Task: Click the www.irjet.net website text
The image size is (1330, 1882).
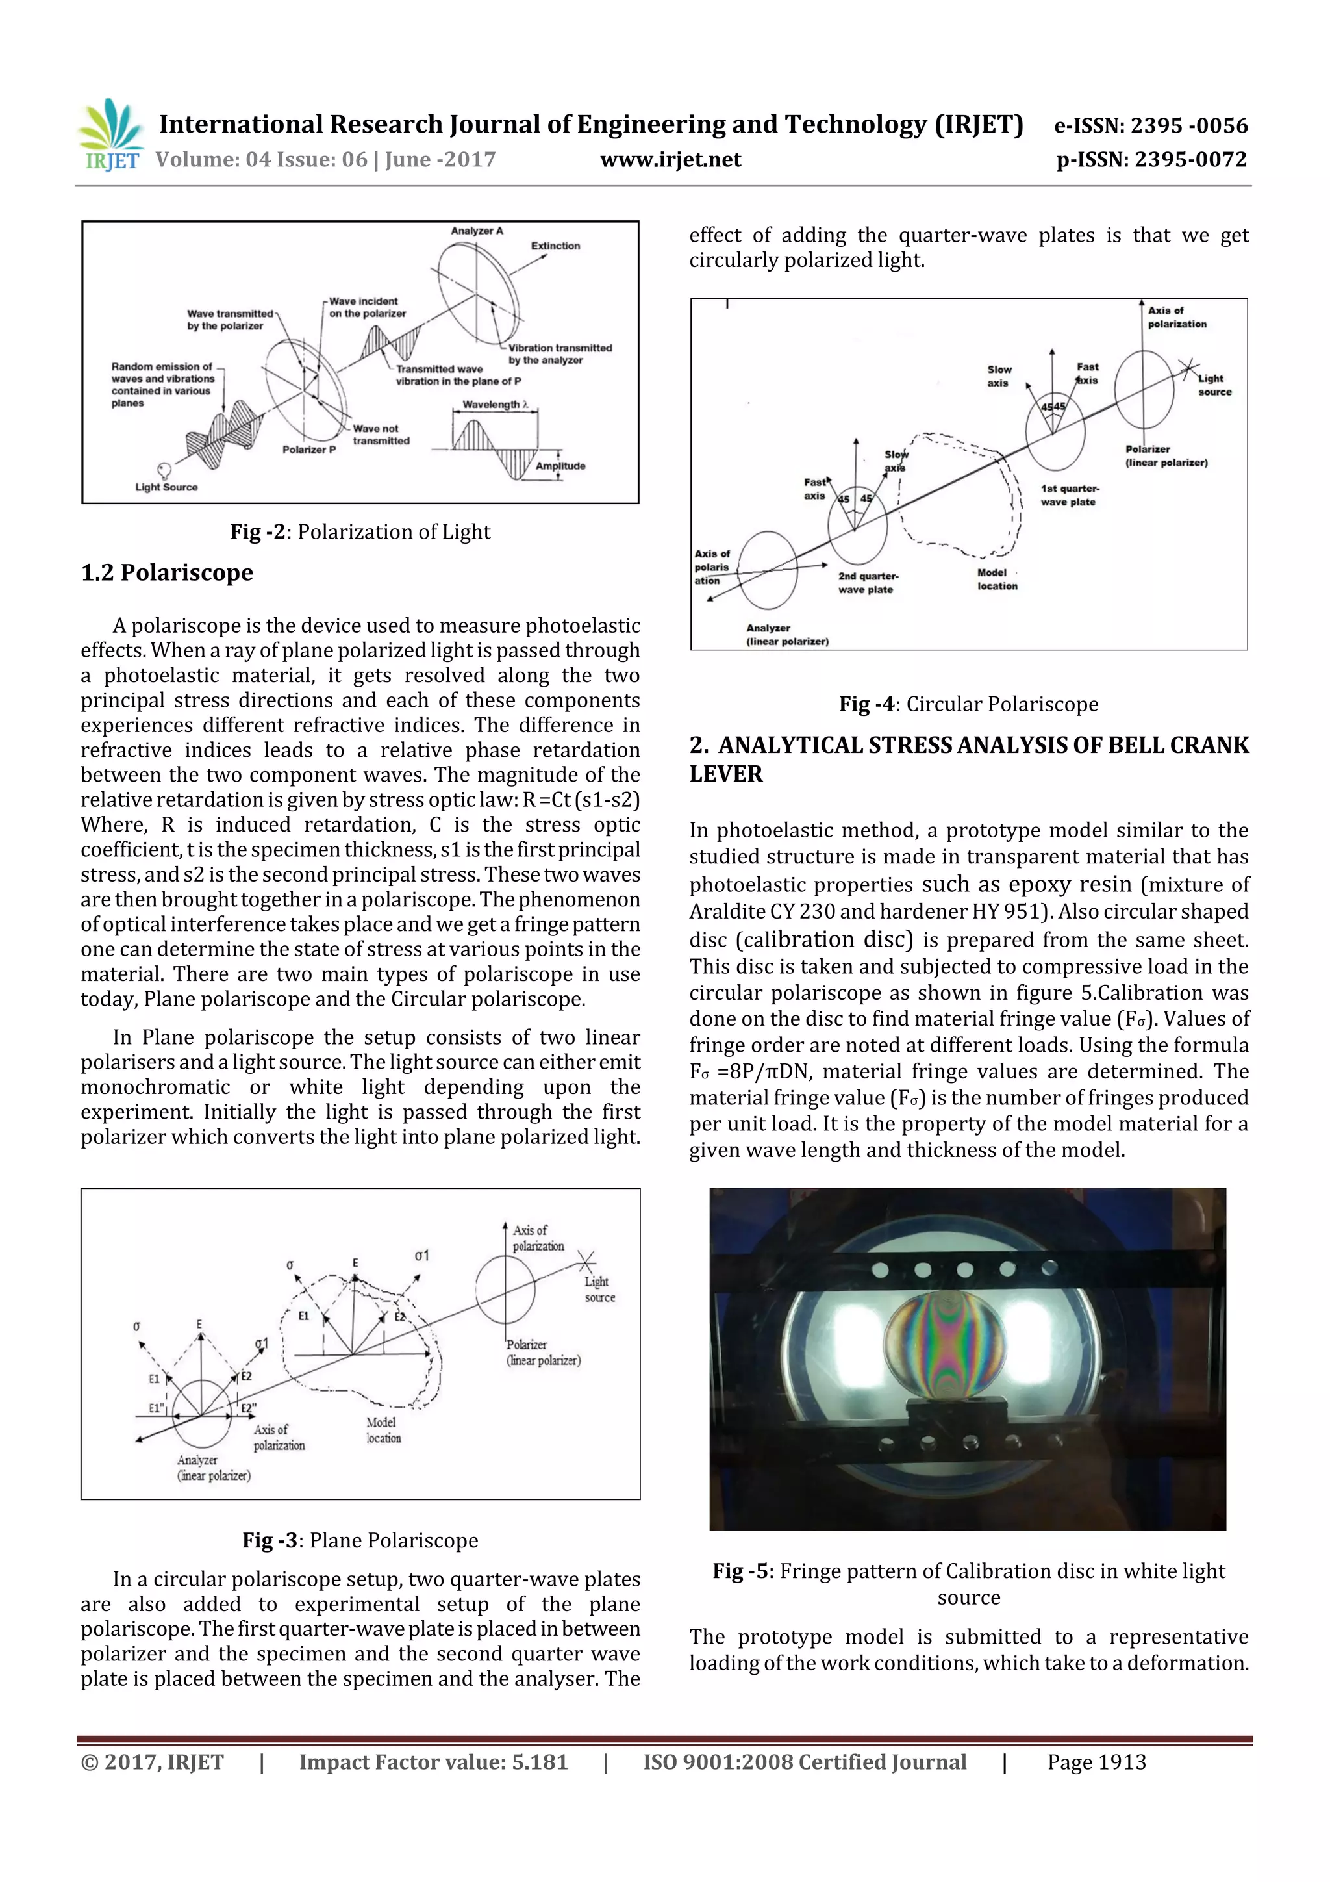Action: pos(670,160)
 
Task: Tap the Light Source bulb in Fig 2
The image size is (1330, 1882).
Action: pos(164,470)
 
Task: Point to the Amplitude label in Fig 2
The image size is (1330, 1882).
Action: pos(560,466)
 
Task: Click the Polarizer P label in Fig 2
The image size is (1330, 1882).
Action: pos(309,450)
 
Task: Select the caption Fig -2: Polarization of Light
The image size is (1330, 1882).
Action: pos(360,532)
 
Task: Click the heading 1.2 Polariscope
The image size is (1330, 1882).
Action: pos(167,572)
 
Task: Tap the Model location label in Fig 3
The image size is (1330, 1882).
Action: pos(383,1431)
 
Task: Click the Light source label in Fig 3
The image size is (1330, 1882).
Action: pos(598,1290)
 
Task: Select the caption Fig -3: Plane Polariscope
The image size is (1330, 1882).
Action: pos(360,1540)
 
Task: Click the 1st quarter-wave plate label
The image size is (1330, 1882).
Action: pos(1068,495)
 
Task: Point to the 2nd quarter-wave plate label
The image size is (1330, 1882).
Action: pos(867,583)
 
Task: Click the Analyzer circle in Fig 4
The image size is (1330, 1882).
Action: pos(768,570)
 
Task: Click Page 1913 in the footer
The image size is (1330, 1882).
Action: pos(1096,1762)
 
